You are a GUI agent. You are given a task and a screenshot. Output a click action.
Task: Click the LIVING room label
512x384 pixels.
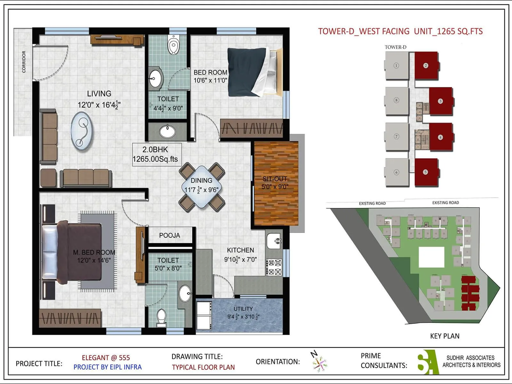pyautogui.click(x=99, y=94)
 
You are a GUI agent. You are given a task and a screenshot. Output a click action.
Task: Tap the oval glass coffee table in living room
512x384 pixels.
pyautogui.click(x=82, y=131)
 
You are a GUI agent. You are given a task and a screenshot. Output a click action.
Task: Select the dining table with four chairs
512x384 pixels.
pyautogui.click(x=202, y=187)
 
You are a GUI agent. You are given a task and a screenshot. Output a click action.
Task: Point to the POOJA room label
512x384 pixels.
pyautogui.click(x=170, y=236)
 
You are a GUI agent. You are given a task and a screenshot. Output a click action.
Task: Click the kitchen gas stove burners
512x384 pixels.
pyautogui.click(x=275, y=268)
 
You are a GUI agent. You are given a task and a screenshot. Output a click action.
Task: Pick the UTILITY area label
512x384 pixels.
pyautogui.click(x=243, y=309)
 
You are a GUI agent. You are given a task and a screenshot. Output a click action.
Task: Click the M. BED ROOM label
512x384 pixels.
pyautogui.click(x=94, y=252)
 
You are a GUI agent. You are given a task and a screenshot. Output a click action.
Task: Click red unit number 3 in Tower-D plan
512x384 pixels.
pyautogui.click(x=441, y=101)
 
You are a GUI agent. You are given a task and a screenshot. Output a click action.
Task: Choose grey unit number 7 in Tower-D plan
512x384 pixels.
pyautogui.click(x=396, y=137)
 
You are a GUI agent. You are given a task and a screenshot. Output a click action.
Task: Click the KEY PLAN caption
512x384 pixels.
pyautogui.click(x=444, y=336)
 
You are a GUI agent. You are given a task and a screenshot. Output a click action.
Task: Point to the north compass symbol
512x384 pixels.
pyautogui.click(x=319, y=362)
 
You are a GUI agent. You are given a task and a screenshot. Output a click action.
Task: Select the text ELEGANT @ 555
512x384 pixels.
pyautogui.click(x=106, y=358)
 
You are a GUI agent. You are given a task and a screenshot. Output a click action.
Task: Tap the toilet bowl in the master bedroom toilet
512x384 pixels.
pyautogui.click(x=161, y=316)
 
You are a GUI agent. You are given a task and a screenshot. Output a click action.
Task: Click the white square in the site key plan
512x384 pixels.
pyautogui.click(x=431, y=257)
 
